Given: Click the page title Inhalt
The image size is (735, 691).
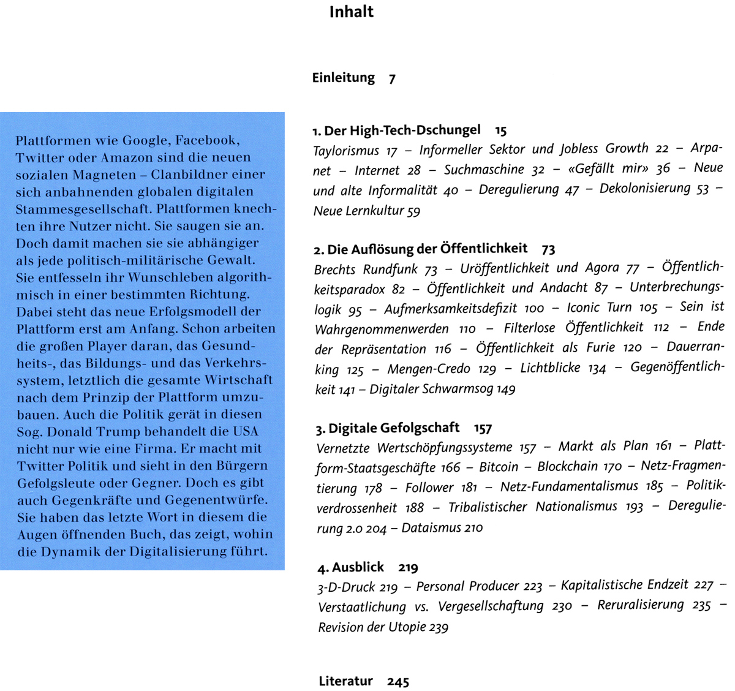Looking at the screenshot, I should point(351,12).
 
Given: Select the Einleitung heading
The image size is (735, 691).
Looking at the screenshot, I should point(343,78).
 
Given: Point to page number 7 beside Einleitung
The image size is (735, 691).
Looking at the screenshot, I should point(392,79).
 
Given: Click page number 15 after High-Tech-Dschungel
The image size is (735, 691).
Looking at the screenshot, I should point(501,130).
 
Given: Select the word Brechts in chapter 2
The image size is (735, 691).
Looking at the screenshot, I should point(334,270).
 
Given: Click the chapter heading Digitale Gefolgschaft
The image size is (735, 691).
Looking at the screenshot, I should point(394,428).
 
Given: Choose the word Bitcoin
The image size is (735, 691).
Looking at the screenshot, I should point(499,467).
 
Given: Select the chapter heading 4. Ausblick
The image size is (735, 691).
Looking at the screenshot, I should point(351,567).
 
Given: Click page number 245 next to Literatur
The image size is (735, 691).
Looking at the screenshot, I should point(398,682).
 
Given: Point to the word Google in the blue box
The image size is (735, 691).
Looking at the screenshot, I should point(145,140).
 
